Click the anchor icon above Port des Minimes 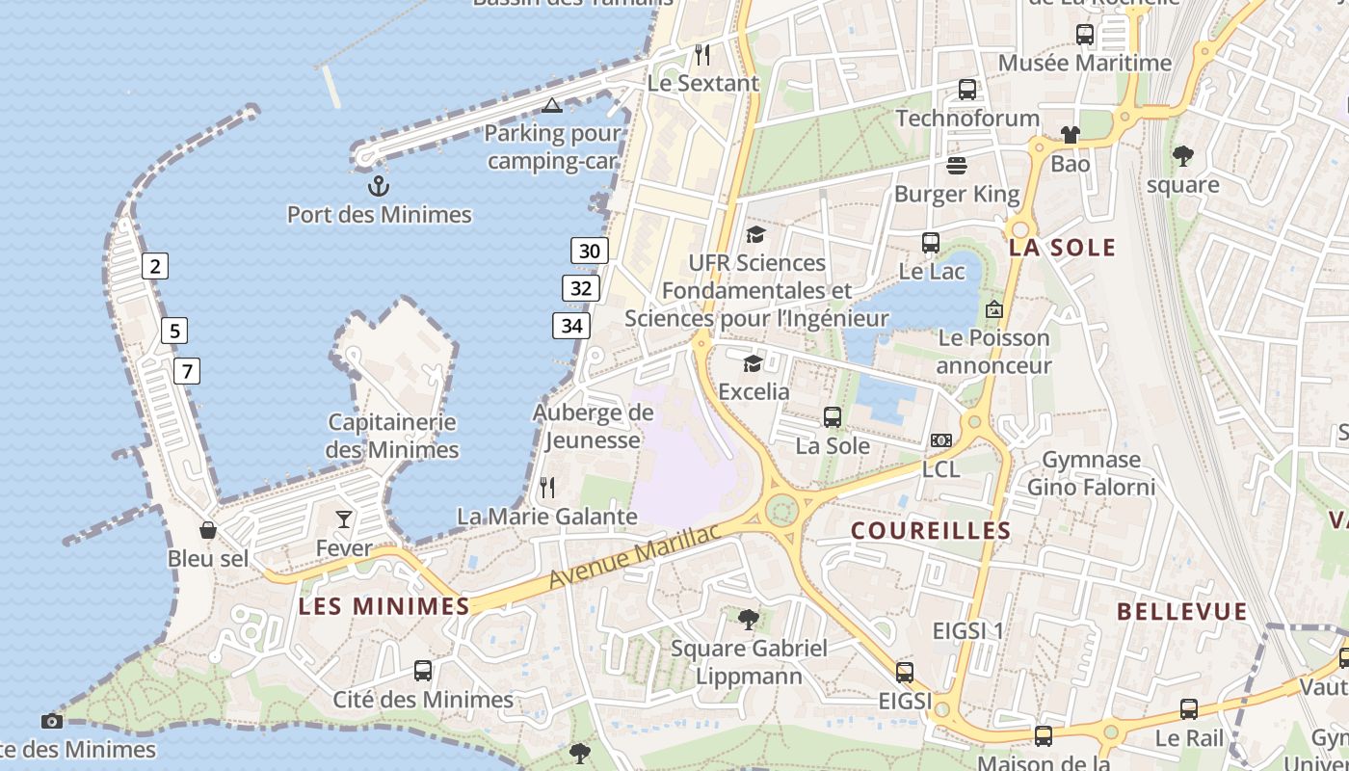coord(379,185)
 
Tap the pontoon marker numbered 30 coord(590,252)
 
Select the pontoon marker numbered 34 coord(571,326)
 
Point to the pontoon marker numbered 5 coord(173,332)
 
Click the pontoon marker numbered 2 coord(154,266)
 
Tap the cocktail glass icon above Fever coord(344,520)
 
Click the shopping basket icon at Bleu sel coord(207,530)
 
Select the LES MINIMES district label coord(384,606)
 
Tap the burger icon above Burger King coord(957,166)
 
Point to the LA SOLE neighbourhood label coord(1062,248)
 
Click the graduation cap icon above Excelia coord(753,363)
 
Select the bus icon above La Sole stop coord(833,417)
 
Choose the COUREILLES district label coord(931,530)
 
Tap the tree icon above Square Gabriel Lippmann coord(749,619)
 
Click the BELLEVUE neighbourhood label coord(1181,611)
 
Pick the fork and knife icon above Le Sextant coord(702,54)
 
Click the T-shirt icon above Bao coord(1070,135)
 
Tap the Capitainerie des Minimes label coord(392,436)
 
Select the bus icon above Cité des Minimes coord(422,671)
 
